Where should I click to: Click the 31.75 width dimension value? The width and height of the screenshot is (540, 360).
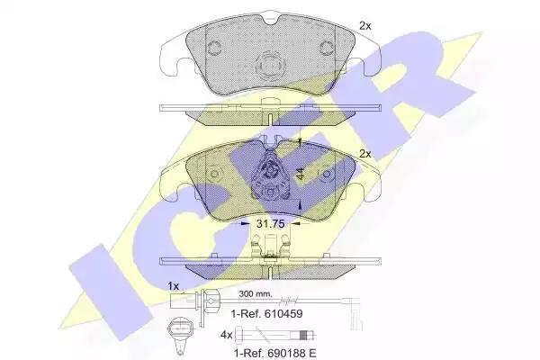click(270, 224)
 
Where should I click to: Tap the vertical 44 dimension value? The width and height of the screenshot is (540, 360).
click(301, 174)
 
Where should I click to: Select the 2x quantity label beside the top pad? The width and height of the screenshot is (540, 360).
click(365, 26)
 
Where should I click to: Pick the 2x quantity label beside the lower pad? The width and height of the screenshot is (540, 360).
click(365, 154)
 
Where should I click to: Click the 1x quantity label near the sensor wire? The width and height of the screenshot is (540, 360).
click(173, 286)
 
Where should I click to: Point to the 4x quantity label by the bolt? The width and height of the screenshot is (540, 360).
click(227, 335)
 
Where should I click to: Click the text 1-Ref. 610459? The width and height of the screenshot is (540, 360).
click(267, 313)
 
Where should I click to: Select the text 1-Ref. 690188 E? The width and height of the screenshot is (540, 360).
click(274, 353)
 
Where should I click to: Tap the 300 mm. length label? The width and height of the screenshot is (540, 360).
click(256, 294)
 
